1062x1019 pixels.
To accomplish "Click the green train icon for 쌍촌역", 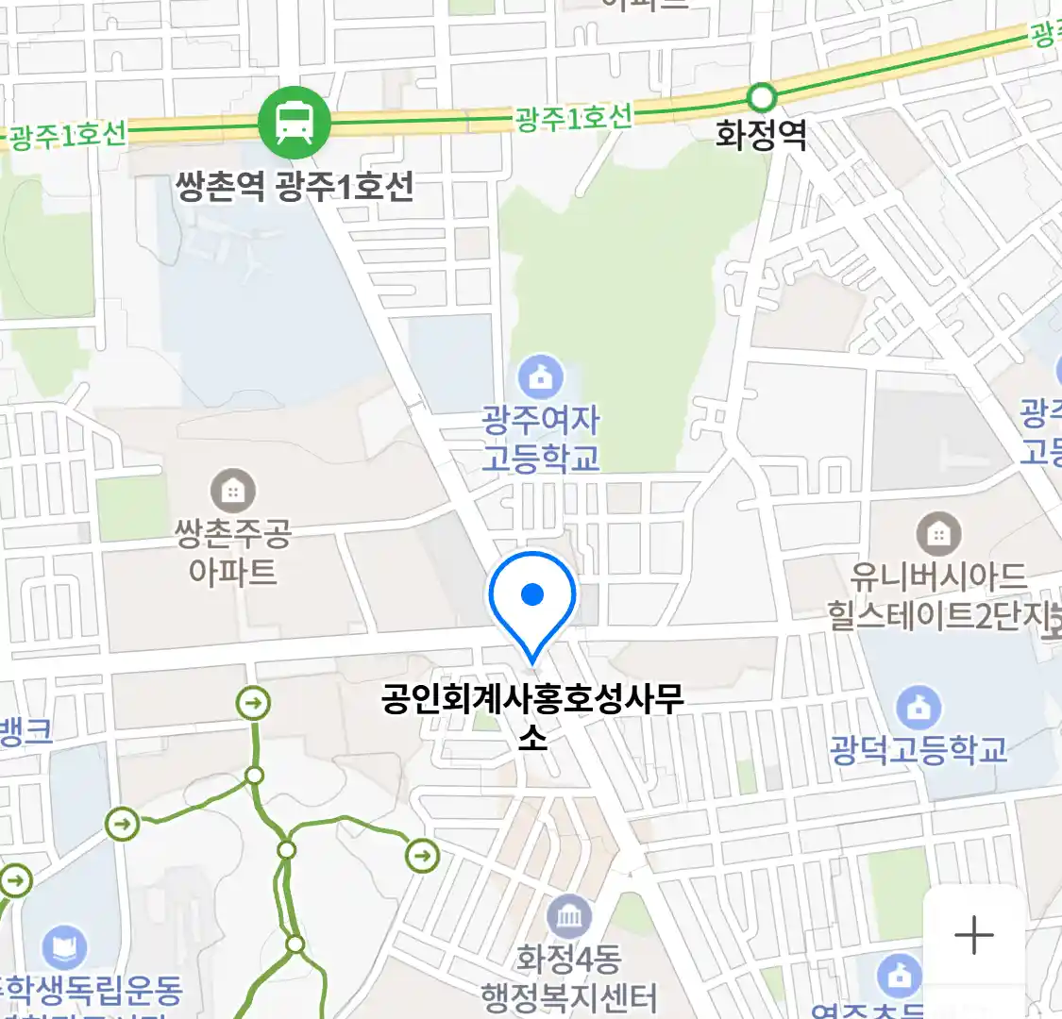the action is [x=295, y=123].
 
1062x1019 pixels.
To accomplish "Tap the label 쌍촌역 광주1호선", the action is [x=295, y=187].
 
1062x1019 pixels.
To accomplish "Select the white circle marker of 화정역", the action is [x=761, y=97].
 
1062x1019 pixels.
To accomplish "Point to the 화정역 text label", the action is [x=761, y=136].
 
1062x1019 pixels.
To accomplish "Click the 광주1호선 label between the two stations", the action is [x=573, y=119].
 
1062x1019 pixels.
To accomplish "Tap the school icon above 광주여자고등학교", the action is [x=541, y=377].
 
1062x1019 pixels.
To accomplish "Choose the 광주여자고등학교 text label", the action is [x=541, y=439].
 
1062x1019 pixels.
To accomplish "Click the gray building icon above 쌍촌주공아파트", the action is [x=233, y=491].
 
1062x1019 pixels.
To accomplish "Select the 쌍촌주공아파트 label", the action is [x=233, y=553].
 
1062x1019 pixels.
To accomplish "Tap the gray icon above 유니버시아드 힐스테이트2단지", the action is [x=937, y=535].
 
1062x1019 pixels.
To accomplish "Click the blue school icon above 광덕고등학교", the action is [x=918, y=708].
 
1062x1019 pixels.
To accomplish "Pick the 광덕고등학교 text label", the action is [x=918, y=750].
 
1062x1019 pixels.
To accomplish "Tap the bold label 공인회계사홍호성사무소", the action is [x=532, y=715].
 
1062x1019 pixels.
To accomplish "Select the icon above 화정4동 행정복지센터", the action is [x=569, y=917].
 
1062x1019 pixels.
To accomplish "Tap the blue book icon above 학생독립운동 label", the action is [x=64, y=946].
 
